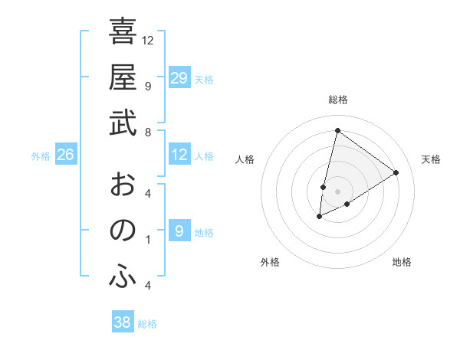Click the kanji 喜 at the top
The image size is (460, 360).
tap(123, 32)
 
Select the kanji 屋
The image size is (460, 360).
tap(123, 77)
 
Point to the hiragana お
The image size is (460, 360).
tap(123, 184)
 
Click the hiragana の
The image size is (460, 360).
tap(123, 230)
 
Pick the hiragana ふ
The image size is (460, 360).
tap(123, 277)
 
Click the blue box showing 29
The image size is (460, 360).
tap(179, 78)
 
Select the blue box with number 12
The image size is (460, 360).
tap(179, 155)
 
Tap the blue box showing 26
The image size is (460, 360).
tap(66, 155)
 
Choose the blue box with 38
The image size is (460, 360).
tap(123, 322)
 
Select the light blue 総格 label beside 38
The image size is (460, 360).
tap(148, 324)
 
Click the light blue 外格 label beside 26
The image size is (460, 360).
tap(41, 156)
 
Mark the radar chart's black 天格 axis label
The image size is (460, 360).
tap(431, 159)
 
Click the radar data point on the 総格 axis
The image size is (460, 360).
tap(337, 130)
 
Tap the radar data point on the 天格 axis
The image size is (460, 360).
tap(396, 172)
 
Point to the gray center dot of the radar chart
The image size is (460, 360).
tap(337, 191)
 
